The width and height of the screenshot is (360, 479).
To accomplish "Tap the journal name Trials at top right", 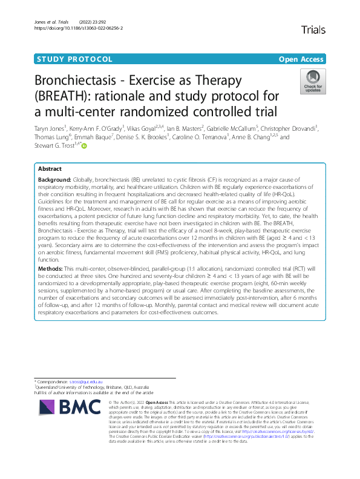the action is pos(312,29).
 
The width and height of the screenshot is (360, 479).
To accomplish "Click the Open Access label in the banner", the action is pos(301,59).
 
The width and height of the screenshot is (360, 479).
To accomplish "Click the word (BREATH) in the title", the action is pos(67,96).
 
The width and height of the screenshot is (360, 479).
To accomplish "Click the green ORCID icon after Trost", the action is pos(84,146).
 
